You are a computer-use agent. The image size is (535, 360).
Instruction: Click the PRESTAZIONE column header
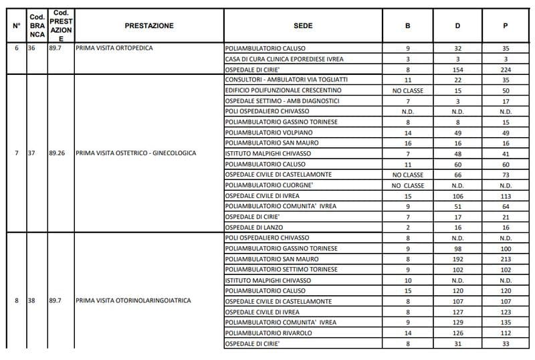(x=148, y=25)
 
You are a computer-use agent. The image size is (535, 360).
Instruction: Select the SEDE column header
(x=303, y=25)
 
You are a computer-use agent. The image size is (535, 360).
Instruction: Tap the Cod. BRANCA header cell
(x=37, y=25)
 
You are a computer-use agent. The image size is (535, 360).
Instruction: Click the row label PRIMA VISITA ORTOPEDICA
(x=114, y=48)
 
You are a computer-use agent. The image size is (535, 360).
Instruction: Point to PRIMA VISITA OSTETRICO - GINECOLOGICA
(x=136, y=153)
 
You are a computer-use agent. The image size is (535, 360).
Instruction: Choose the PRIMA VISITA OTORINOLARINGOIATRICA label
(x=134, y=300)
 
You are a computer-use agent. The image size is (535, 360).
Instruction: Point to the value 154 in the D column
(x=458, y=70)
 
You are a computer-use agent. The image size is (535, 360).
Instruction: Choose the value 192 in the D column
(x=458, y=259)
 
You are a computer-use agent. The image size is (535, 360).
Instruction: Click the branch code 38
(x=31, y=300)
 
